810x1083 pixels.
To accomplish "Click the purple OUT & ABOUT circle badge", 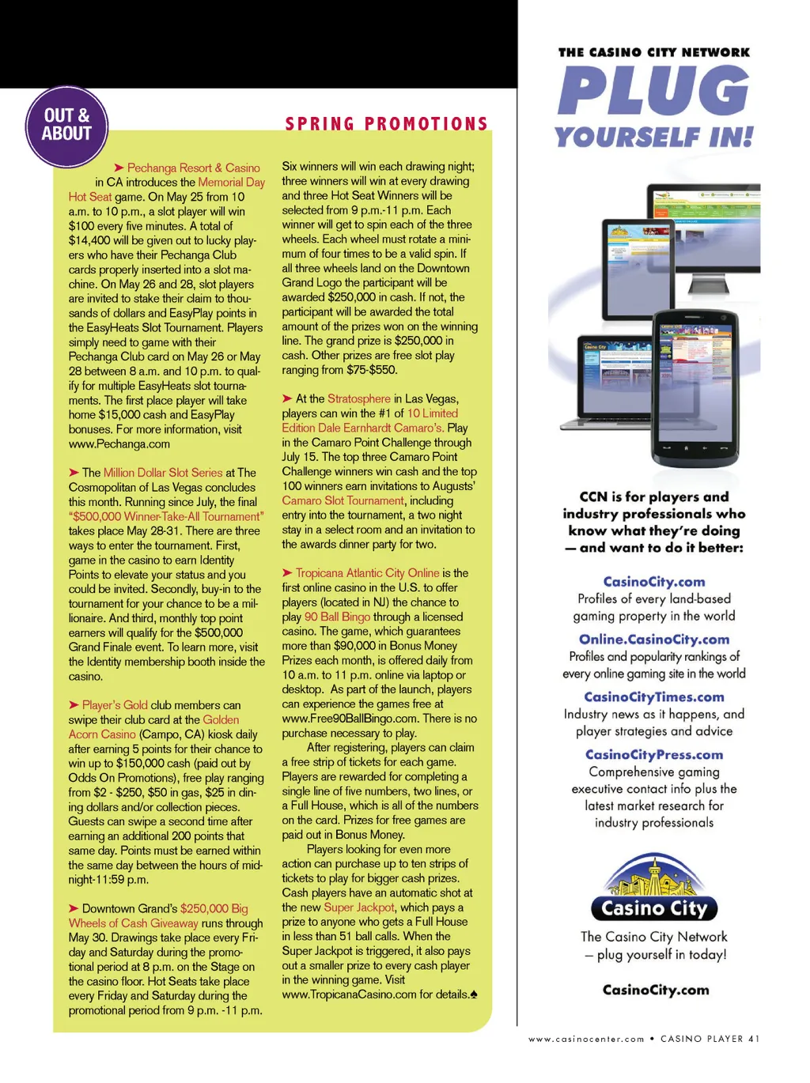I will pyautogui.click(x=66, y=126).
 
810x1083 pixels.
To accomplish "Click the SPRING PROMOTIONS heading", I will pyautogui.click(x=387, y=124).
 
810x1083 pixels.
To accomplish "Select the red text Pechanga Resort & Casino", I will pyautogui.click(x=193, y=168).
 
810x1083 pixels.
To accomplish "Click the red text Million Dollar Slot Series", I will pyautogui.click(x=163, y=473).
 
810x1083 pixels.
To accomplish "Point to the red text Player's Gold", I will pyautogui.click(x=115, y=705).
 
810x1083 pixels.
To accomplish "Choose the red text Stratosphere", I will pyautogui.click(x=359, y=398).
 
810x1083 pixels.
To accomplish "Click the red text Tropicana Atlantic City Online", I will pyautogui.click(x=367, y=573).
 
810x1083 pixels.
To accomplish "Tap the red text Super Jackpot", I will pyautogui.click(x=359, y=908).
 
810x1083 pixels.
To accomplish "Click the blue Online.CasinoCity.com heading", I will pyautogui.click(x=654, y=640).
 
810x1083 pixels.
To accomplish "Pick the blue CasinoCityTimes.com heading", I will pyautogui.click(x=654, y=697).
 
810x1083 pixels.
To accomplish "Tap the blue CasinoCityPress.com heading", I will pyautogui.click(x=654, y=755).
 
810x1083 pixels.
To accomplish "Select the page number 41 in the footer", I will pyautogui.click(x=753, y=1039).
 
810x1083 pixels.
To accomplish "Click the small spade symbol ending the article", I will pyautogui.click(x=474, y=994).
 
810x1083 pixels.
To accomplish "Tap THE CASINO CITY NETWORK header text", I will pyautogui.click(x=654, y=52).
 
